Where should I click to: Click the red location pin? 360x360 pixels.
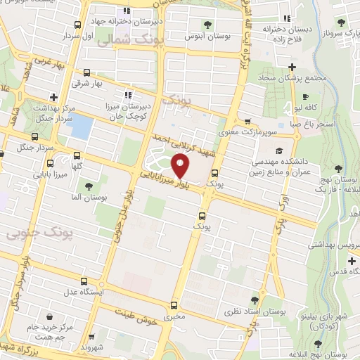click(x=181, y=167)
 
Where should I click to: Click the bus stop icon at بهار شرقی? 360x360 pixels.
click(x=86, y=72)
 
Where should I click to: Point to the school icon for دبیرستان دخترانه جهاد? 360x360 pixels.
click(x=127, y=11)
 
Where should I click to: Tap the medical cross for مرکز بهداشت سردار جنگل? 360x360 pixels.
click(x=54, y=98)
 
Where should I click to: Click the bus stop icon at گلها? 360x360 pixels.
click(x=77, y=156)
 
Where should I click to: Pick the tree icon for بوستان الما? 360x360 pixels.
click(x=89, y=186)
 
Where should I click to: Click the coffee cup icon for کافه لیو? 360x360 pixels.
click(x=304, y=97)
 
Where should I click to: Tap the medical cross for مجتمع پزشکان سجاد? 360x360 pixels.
click(x=292, y=67)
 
